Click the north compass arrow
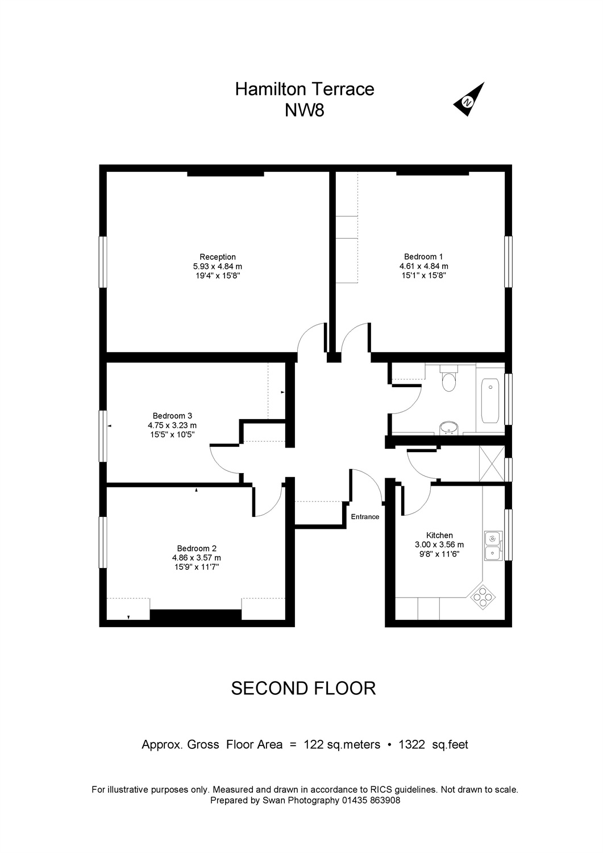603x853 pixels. point(469,100)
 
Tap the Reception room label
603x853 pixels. point(217,257)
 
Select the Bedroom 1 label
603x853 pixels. point(423,256)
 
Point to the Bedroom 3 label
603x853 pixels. point(172,416)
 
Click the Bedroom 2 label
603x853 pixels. point(197,548)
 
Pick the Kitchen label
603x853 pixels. point(439,536)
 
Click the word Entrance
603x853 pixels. point(365,517)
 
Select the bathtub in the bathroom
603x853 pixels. point(490,400)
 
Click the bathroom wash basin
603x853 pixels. point(449,428)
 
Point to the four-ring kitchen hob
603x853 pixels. point(483,598)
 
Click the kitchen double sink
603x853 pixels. point(493,546)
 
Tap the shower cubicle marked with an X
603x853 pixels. point(492,463)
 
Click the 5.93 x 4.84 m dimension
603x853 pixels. point(217,266)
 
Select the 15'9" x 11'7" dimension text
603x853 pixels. point(197,567)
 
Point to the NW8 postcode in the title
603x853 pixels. point(305,111)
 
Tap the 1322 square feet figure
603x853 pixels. point(411,744)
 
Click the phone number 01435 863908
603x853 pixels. point(371,801)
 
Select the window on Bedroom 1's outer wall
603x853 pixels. point(508,262)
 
